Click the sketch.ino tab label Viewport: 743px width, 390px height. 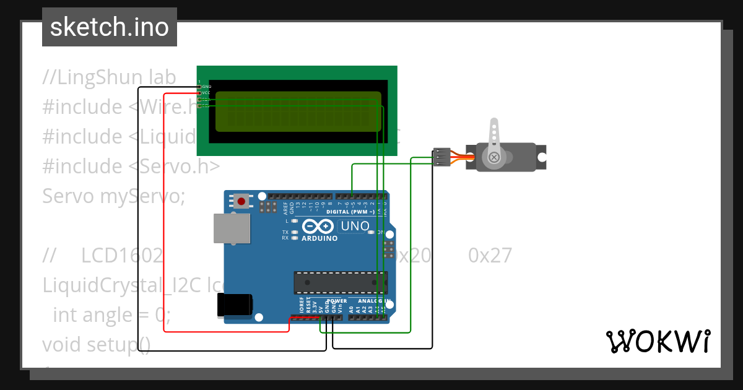tap(109, 27)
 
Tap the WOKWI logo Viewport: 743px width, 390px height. tap(657, 341)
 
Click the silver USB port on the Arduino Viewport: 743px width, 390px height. tap(232, 228)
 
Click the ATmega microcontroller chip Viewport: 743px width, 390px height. tap(340, 283)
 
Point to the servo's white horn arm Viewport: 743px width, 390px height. tap(493, 139)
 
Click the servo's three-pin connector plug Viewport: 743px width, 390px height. tap(441, 157)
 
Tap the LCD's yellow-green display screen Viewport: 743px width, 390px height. tap(298, 111)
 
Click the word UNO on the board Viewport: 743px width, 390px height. tap(355, 227)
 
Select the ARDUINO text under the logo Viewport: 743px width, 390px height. tap(319, 238)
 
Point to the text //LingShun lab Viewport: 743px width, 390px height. tap(109, 77)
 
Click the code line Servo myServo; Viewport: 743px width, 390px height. tap(114, 196)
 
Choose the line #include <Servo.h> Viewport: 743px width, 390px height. tap(131, 166)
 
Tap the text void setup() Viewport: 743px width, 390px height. tap(96, 344)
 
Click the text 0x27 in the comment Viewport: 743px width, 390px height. tap(490, 255)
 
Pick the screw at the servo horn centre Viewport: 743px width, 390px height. tap(493, 157)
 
